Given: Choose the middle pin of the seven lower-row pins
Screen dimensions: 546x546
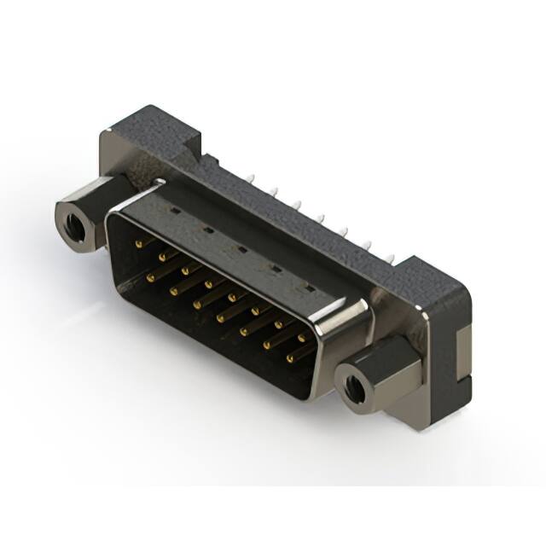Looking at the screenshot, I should coord(221,317).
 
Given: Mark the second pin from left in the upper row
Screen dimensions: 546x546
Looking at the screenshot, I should coord(163,256).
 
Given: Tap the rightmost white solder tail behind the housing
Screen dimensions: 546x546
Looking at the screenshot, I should coord(392,256).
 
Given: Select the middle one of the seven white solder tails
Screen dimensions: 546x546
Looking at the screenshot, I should coord(321,218).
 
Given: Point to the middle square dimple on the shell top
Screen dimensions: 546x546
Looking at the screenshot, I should coord(241,249).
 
